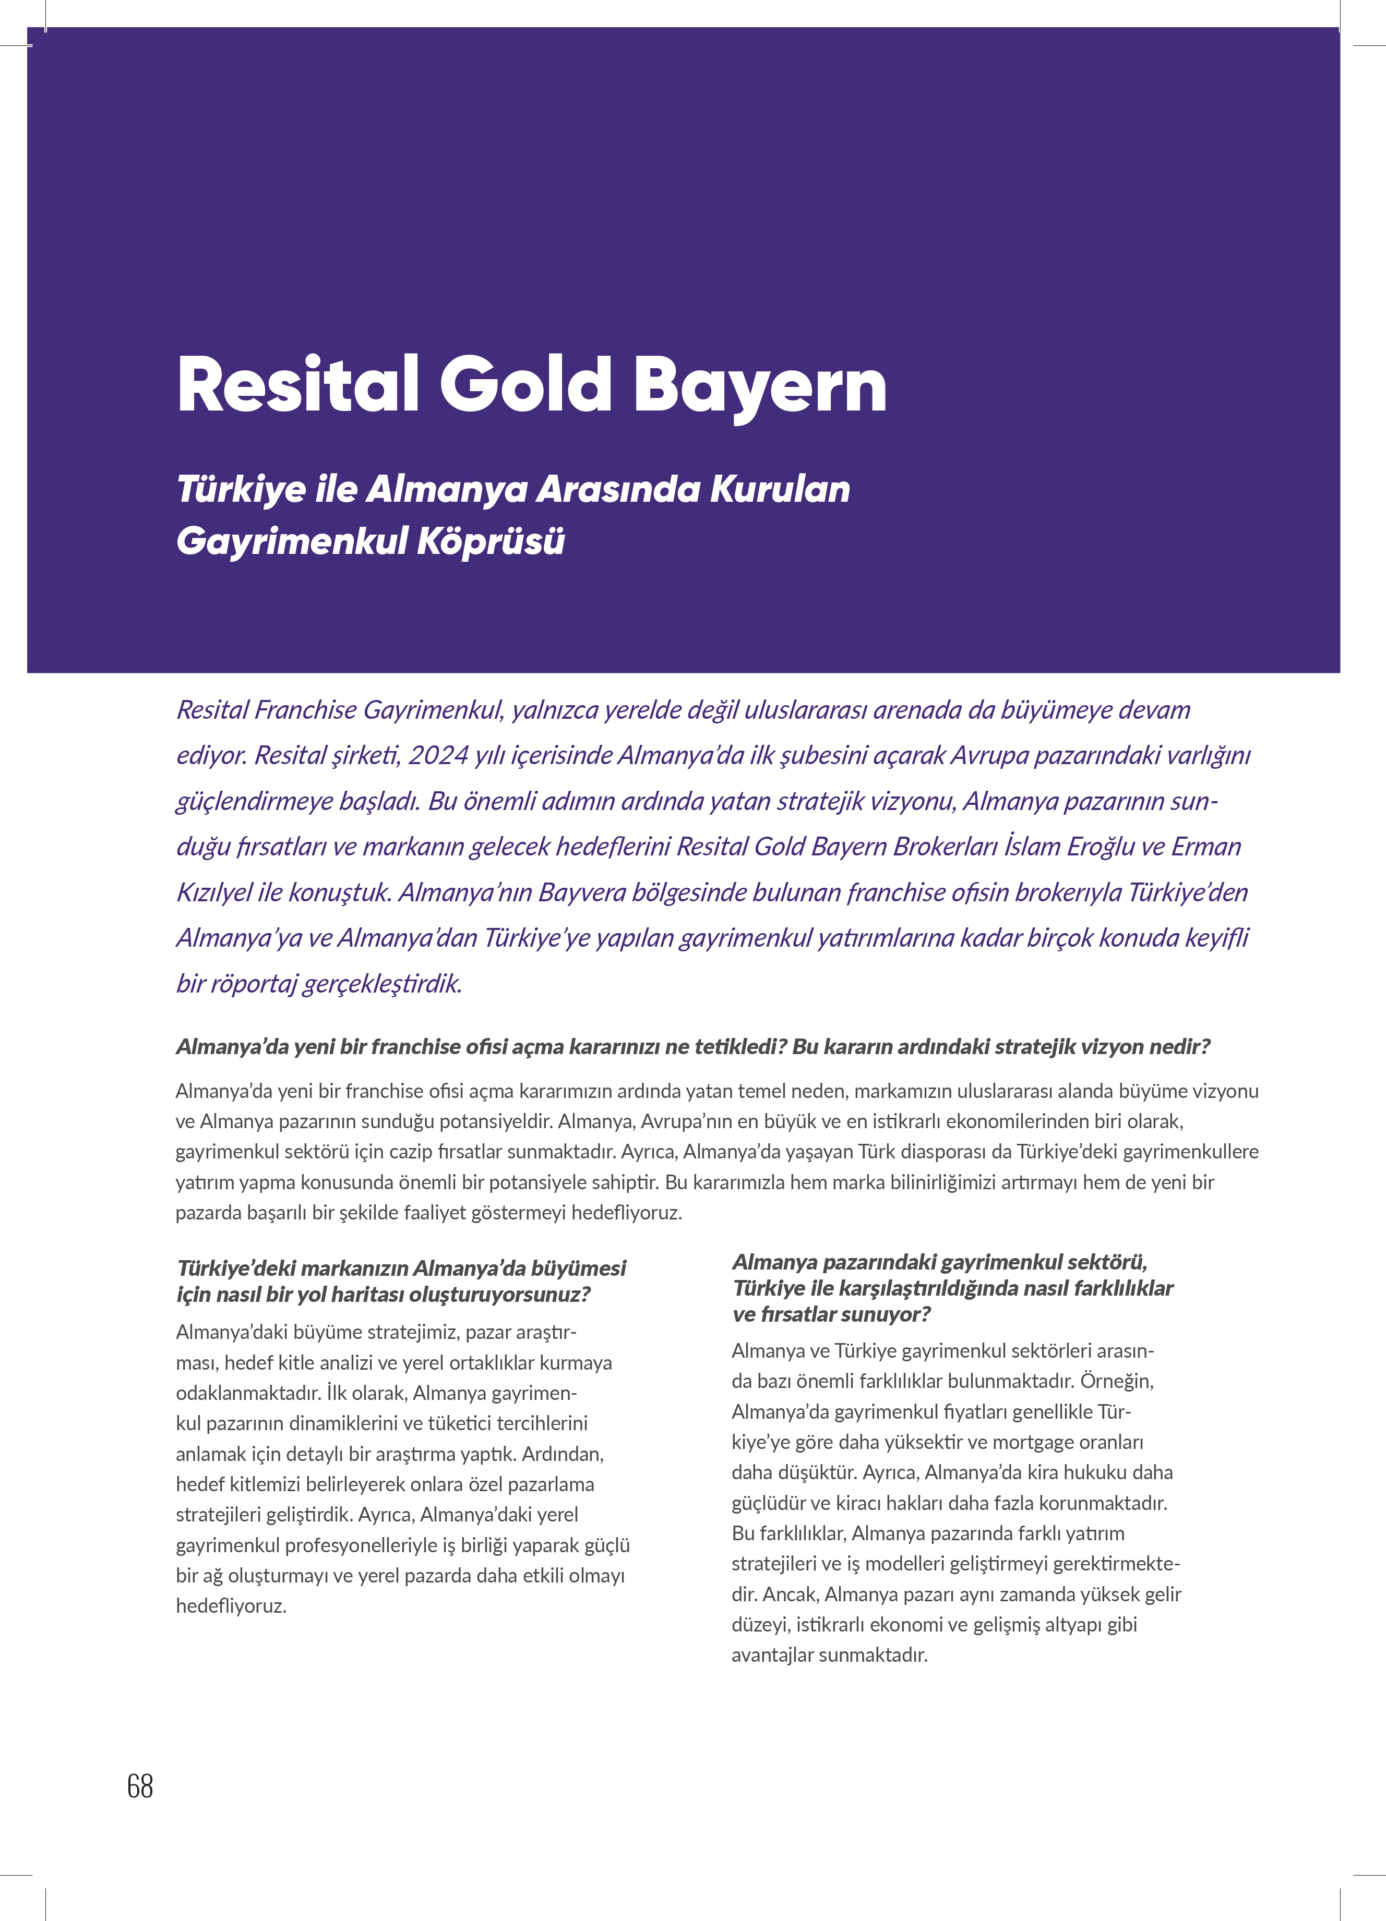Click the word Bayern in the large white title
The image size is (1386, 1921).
click(760, 385)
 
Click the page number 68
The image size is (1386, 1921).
click(140, 1786)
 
